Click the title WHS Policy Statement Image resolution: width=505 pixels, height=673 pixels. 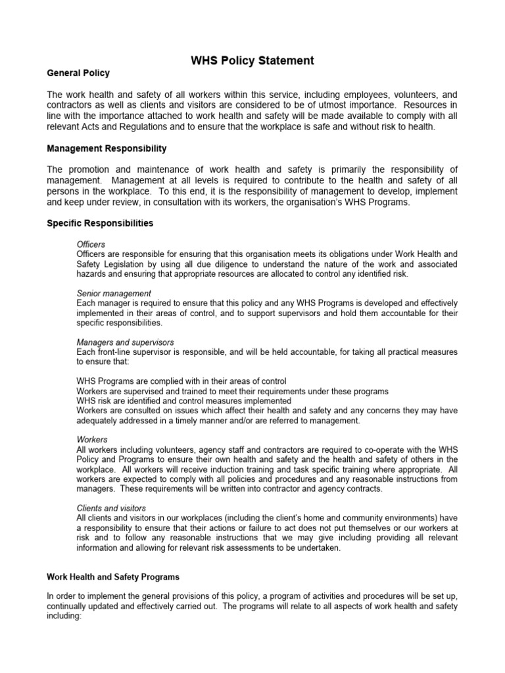tap(252, 60)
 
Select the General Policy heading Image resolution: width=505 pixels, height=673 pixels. tap(78, 73)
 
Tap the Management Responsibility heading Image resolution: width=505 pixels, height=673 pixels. tap(107, 149)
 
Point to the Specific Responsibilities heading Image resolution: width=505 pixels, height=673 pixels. tap(100, 223)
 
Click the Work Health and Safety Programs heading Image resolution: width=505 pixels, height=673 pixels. tap(112, 577)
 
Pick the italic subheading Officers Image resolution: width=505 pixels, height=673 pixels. tap(91, 244)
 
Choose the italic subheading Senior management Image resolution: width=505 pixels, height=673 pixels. tap(114, 293)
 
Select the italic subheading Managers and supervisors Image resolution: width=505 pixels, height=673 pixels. tap(125, 342)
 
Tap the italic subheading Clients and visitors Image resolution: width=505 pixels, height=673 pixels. tap(111, 508)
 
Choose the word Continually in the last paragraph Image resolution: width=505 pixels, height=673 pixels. tap(69, 607)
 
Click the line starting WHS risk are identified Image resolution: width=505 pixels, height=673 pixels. tap(183, 401)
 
